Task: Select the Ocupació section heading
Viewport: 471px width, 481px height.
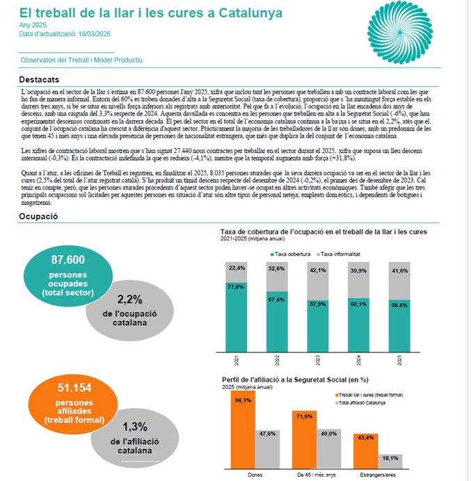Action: coord(38,216)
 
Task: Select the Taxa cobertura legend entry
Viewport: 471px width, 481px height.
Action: coord(291,255)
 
